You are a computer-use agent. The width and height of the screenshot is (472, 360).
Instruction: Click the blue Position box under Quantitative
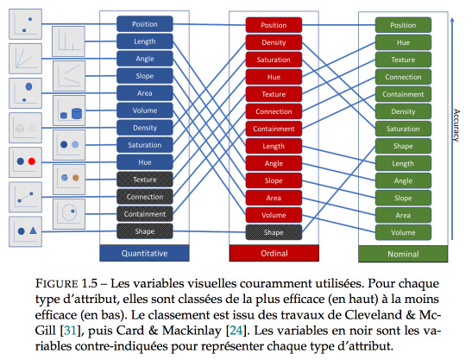(x=145, y=24)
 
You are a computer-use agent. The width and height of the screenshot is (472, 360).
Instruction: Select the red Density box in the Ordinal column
(x=274, y=42)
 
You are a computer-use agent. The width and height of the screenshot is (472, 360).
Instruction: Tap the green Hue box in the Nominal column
(x=403, y=42)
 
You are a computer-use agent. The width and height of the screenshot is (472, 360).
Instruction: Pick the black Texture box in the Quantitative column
(x=145, y=180)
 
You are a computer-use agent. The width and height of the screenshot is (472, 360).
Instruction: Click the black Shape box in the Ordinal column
(x=274, y=232)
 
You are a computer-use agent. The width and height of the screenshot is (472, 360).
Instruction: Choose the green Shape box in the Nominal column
(x=403, y=146)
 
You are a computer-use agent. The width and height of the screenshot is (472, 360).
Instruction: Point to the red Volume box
(x=274, y=215)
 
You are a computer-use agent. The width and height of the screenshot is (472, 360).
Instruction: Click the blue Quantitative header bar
(x=144, y=253)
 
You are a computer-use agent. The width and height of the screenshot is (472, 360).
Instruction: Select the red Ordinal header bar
(x=274, y=253)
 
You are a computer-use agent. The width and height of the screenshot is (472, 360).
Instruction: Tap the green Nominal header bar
(x=403, y=254)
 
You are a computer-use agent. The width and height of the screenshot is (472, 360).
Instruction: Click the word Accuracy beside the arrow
(x=456, y=125)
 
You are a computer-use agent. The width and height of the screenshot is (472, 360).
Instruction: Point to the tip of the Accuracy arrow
(x=452, y=18)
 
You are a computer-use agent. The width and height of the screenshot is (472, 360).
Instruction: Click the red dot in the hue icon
(x=32, y=161)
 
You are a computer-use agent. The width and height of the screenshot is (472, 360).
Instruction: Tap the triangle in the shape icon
(x=33, y=231)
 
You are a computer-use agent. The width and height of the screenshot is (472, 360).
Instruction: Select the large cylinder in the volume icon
(x=77, y=114)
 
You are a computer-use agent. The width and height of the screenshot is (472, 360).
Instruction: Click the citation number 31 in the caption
(x=70, y=331)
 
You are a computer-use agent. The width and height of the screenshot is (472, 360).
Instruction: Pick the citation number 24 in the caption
(x=236, y=331)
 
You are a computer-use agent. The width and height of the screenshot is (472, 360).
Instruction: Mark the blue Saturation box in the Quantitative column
(x=145, y=145)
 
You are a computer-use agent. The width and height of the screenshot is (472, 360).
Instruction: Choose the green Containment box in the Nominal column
(x=403, y=94)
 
